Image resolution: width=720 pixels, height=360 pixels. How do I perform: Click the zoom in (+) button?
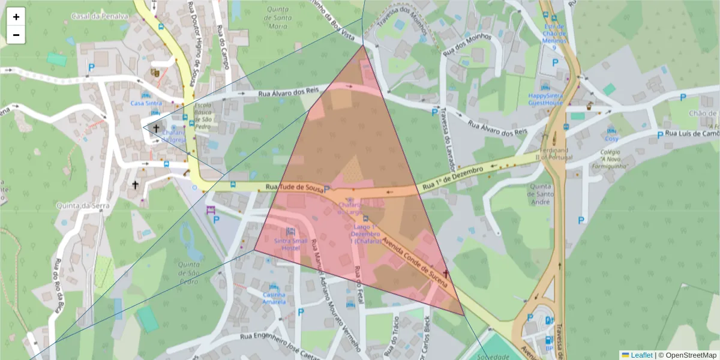(16, 17)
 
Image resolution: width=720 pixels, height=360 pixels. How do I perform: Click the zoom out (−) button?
(16, 35)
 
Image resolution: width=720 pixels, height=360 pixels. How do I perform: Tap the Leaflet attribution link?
(640, 355)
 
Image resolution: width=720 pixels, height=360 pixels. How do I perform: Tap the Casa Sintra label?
(146, 103)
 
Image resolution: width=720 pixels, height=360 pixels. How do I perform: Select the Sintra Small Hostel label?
(291, 244)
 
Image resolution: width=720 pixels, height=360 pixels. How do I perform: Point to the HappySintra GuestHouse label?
(546, 99)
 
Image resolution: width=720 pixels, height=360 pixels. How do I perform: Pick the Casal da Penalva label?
(99, 16)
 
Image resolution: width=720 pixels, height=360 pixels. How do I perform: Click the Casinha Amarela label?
(274, 298)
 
